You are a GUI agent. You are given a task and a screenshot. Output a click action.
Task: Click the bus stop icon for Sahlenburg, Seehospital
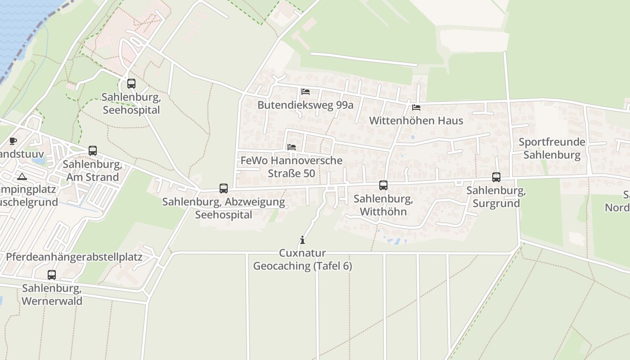click(131, 84)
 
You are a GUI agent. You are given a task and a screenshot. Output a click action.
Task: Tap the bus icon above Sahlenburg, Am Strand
click(93, 151)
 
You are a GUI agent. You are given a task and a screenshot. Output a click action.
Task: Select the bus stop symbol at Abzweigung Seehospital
click(224, 189)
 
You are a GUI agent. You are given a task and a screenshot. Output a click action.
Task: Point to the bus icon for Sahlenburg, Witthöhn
click(383, 185)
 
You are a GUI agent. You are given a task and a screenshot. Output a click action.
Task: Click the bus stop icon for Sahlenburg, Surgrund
click(496, 177)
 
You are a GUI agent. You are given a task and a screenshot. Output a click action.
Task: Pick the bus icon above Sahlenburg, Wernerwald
click(52, 275)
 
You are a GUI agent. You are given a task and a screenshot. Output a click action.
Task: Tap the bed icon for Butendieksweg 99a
click(306, 92)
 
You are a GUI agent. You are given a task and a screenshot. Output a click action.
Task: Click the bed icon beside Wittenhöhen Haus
click(416, 108)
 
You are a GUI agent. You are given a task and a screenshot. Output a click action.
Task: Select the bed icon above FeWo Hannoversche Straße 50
click(292, 147)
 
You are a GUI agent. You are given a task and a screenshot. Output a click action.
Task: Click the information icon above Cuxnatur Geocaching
click(302, 240)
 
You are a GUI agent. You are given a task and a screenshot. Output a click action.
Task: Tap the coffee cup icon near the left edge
click(13, 141)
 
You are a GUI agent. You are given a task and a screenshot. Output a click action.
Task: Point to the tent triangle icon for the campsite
click(22, 176)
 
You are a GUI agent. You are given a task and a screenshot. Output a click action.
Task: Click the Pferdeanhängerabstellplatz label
click(74, 257)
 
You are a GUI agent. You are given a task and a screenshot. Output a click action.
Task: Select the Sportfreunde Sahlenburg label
click(552, 149)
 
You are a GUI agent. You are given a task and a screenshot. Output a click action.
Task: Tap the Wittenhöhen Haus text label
click(416, 121)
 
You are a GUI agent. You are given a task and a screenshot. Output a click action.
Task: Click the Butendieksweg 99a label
click(305, 105)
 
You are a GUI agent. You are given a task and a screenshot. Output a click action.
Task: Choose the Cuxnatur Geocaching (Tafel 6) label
click(302, 260)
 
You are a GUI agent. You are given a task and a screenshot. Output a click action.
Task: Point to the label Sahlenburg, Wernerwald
click(52, 294)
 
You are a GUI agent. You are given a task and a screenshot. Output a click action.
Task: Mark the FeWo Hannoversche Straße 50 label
click(291, 167)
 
